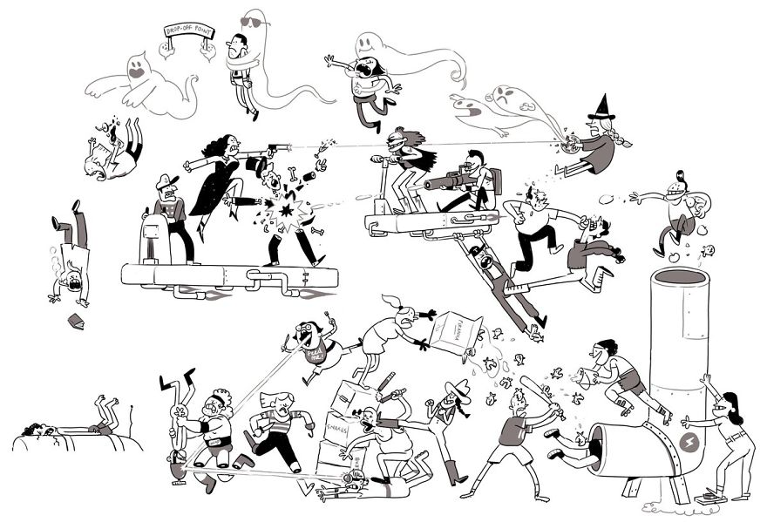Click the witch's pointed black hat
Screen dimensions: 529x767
601,109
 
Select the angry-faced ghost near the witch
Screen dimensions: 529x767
505,97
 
